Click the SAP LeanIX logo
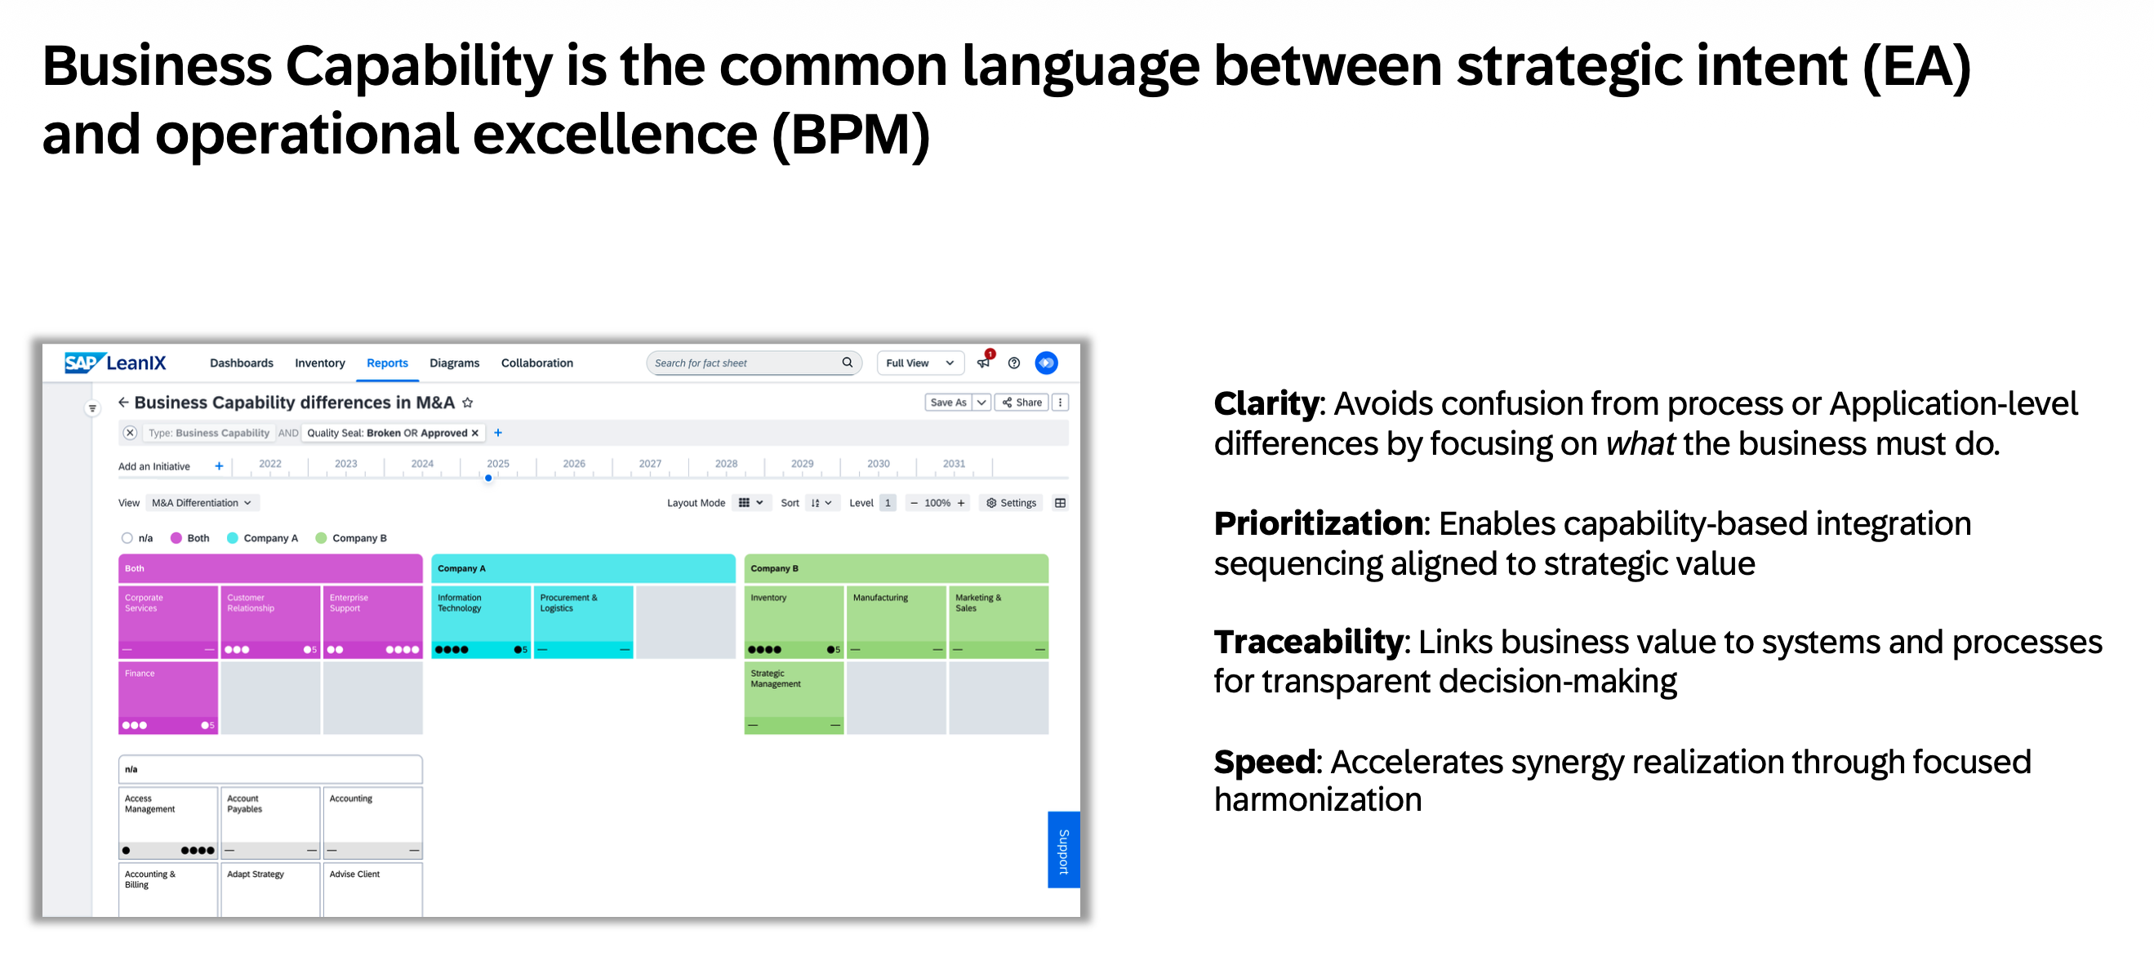[115, 363]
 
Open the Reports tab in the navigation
[387, 363]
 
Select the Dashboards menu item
[242, 363]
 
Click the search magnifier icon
[847, 362]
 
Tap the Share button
[1021, 403]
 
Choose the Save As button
[948, 403]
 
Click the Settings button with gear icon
[1011, 503]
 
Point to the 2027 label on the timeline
[650, 463]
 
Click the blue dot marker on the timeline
[488, 478]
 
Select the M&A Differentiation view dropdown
[202, 503]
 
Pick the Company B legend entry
[351, 538]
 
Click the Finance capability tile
[168, 697]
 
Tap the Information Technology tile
[481, 621]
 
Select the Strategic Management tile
[794, 697]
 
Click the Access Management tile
[168, 822]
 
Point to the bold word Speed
[1264, 763]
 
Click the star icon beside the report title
[467, 403]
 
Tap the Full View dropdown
[919, 363]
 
